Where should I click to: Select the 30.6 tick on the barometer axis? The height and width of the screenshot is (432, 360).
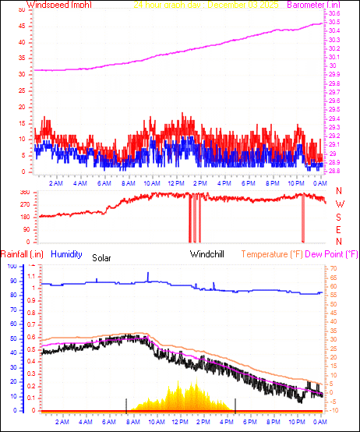click(x=334, y=14)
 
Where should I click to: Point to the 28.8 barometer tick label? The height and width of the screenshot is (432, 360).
click(x=334, y=171)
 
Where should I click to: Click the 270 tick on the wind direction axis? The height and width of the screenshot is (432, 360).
click(x=25, y=204)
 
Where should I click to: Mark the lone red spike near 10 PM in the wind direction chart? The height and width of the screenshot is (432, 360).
click(x=303, y=222)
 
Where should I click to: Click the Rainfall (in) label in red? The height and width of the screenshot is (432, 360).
click(x=20, y=254)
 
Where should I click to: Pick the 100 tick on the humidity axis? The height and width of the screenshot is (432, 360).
click(x=12, y=266)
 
